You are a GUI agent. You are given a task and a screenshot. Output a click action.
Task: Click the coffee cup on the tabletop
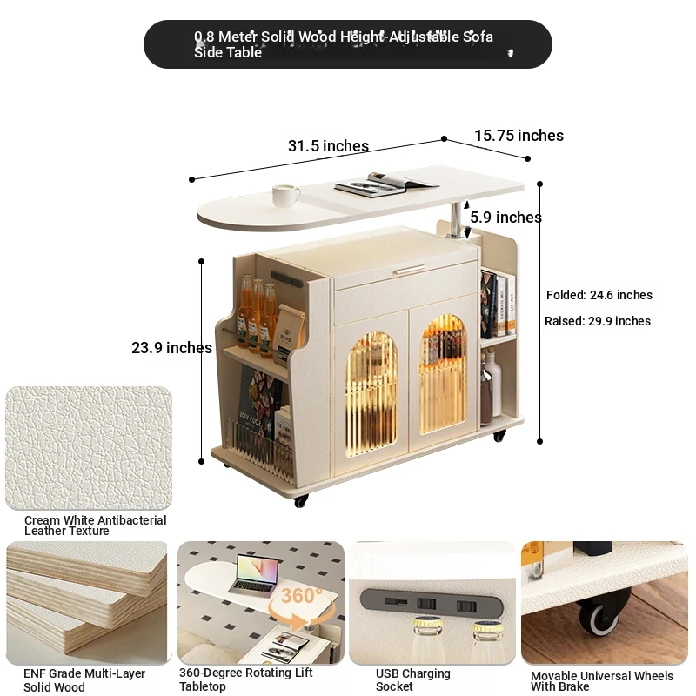(285, 195)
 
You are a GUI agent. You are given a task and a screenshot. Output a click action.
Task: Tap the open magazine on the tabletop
(385, 183)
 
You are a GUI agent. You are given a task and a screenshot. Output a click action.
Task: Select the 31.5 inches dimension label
(329, 145)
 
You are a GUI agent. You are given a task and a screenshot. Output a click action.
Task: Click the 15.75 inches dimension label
(519, 136)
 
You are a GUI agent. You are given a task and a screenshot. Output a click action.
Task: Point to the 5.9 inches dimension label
(506, 217)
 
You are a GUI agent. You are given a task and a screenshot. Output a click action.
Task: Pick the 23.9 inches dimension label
(171, 347)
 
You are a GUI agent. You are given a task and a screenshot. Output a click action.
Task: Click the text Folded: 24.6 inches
(599, 295)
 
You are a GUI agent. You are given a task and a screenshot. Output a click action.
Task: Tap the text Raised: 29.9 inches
(598, 321)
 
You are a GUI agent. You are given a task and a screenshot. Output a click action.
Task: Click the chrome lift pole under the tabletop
(455, 219)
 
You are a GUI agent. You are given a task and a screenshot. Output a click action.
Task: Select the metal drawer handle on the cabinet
(410, 270)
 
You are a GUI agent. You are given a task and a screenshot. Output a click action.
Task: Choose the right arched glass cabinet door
(443, 374)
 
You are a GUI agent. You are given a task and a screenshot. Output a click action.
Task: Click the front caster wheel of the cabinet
(300, 501)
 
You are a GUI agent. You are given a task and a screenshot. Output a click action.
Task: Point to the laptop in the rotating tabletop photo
(254, 575)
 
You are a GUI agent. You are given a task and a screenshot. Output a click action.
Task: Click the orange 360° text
(302, 596)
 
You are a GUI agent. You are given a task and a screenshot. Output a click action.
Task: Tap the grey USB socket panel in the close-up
(432, 604)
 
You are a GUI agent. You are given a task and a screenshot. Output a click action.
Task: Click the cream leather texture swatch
(89, 448)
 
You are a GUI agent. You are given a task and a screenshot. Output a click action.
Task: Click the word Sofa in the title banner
(478, 37)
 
